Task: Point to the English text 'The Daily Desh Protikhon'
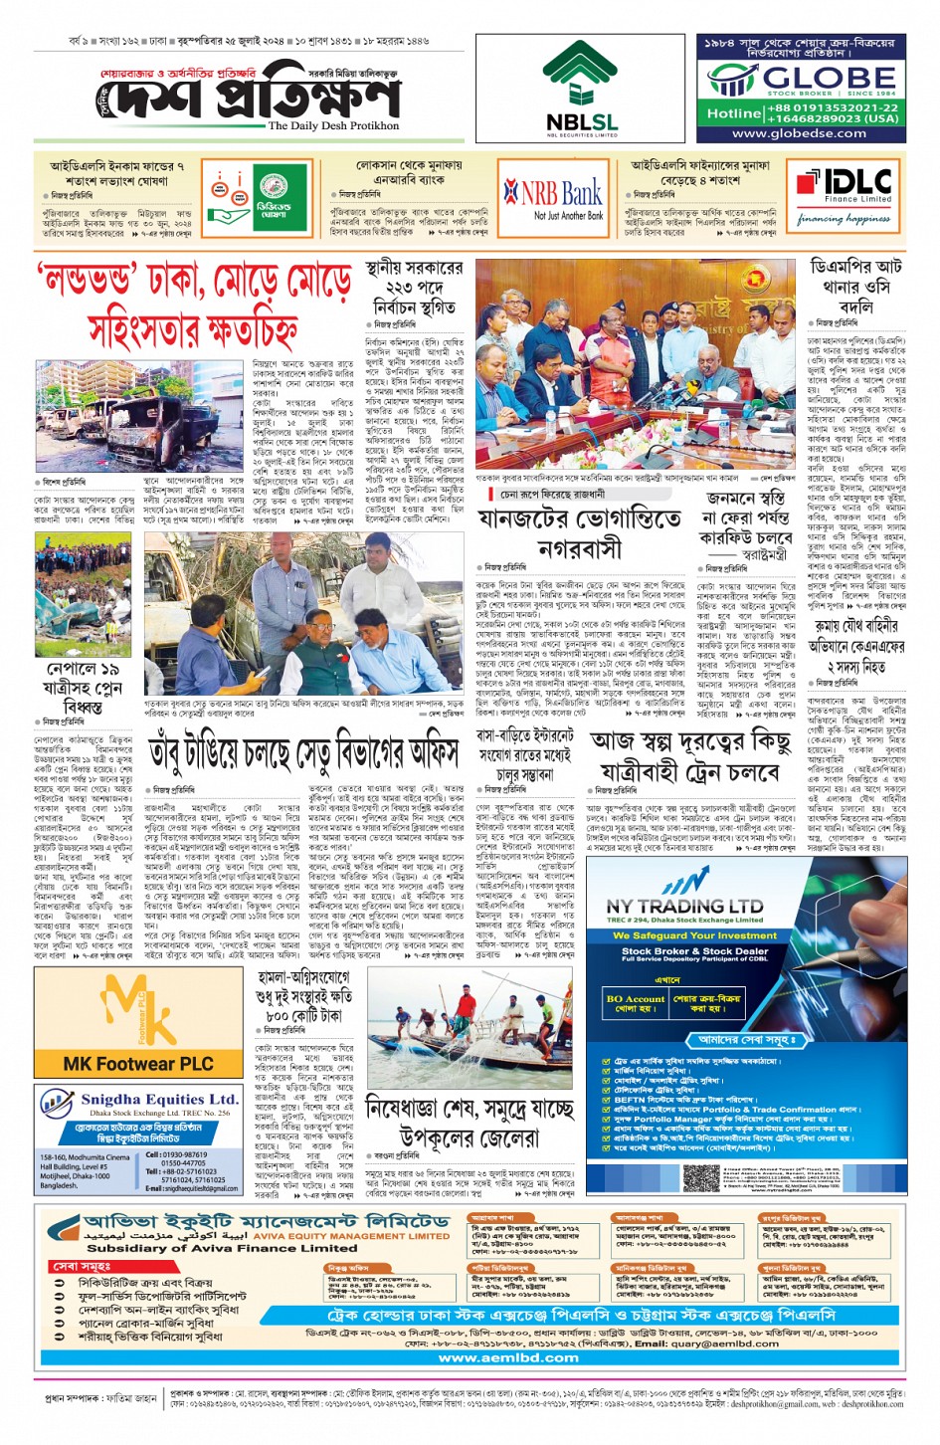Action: point(333,126)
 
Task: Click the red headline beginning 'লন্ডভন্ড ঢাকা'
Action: point(194,303)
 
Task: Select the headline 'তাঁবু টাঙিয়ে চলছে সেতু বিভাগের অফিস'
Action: point(305,752)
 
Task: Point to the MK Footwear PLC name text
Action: point(138,1064)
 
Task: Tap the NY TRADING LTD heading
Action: point(684,907)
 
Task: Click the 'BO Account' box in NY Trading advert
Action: point(635,1002)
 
